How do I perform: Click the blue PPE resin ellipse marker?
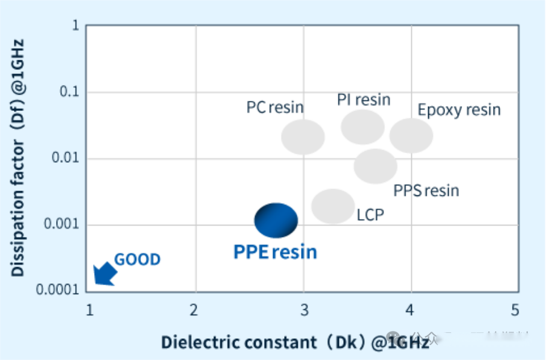coord(276,220)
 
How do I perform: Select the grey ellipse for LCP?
coord(333,206)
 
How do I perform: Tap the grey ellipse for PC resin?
coord(303,137)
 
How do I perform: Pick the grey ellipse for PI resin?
coord(362,127)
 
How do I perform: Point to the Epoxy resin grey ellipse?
coord(411,136)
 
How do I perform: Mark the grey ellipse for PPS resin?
coord(375,166)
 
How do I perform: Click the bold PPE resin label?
coord(275,251)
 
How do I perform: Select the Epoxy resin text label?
coord(459,110)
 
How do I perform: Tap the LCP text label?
coord(370,215)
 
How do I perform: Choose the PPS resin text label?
coord(426,191)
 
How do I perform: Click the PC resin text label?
coord(275,107)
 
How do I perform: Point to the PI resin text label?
coord(364,99)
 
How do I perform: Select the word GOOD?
coord(138,260)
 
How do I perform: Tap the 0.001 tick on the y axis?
coord(63,226)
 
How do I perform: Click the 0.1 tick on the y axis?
coord(71,93)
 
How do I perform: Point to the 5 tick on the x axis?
coord(515,311)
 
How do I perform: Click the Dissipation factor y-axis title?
coord(18,158)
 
